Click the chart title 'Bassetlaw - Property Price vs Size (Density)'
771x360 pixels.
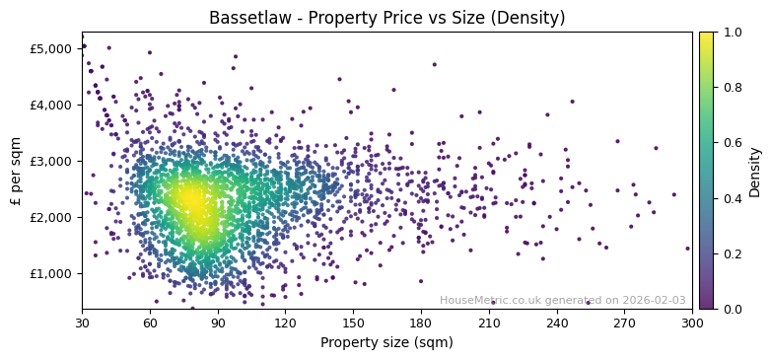pos(386,18)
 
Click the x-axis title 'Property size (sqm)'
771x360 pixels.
pos(386,343)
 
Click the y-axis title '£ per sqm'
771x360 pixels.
pos(16,171)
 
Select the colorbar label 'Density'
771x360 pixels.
pos(754,171)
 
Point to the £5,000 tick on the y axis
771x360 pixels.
pos(50,48)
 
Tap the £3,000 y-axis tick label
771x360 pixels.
pos(50,161)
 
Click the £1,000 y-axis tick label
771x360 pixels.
pos(50,273)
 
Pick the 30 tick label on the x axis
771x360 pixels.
pos(82,323)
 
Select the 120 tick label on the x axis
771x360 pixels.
pos(285,323)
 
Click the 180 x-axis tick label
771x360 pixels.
pos(421,323)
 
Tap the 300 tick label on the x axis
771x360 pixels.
pos(692,323)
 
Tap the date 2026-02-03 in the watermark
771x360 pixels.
pos(655,301)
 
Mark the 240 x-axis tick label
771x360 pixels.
pos(557,323)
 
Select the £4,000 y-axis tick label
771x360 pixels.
pos(50,105)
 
